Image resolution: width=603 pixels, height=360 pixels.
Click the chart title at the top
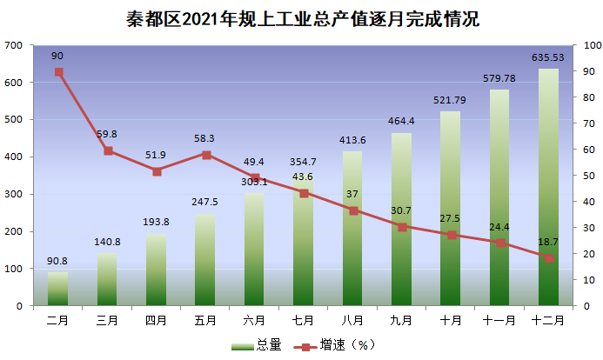(303, 19)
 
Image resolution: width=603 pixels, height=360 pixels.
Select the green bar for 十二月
(548, 187)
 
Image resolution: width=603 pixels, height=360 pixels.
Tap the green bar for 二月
(57, 289)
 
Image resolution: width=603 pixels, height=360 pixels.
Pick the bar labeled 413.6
(352, 229)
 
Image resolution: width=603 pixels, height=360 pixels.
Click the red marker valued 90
(59, 72)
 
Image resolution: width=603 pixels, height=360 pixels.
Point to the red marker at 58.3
(206, 155)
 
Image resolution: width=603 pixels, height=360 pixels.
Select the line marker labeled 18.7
(549, 258)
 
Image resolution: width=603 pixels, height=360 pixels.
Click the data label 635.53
(547, 57)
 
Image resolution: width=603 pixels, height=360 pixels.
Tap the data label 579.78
(499, 78)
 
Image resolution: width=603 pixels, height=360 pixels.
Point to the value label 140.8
(107, 242)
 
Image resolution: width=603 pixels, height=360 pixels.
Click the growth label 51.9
(156, 155)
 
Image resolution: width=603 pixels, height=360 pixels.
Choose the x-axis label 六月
(254, 320)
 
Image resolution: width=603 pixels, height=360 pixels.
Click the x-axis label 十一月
(499, 320)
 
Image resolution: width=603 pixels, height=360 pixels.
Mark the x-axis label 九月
(401, 320)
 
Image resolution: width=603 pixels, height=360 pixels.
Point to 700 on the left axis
(13, 45)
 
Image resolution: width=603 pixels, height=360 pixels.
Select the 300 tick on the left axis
(13, 195)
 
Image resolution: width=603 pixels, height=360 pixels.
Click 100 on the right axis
(593, 45)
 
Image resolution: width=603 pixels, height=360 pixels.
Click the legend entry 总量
(257, 344)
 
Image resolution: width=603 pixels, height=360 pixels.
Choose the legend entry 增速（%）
(334, 344)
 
